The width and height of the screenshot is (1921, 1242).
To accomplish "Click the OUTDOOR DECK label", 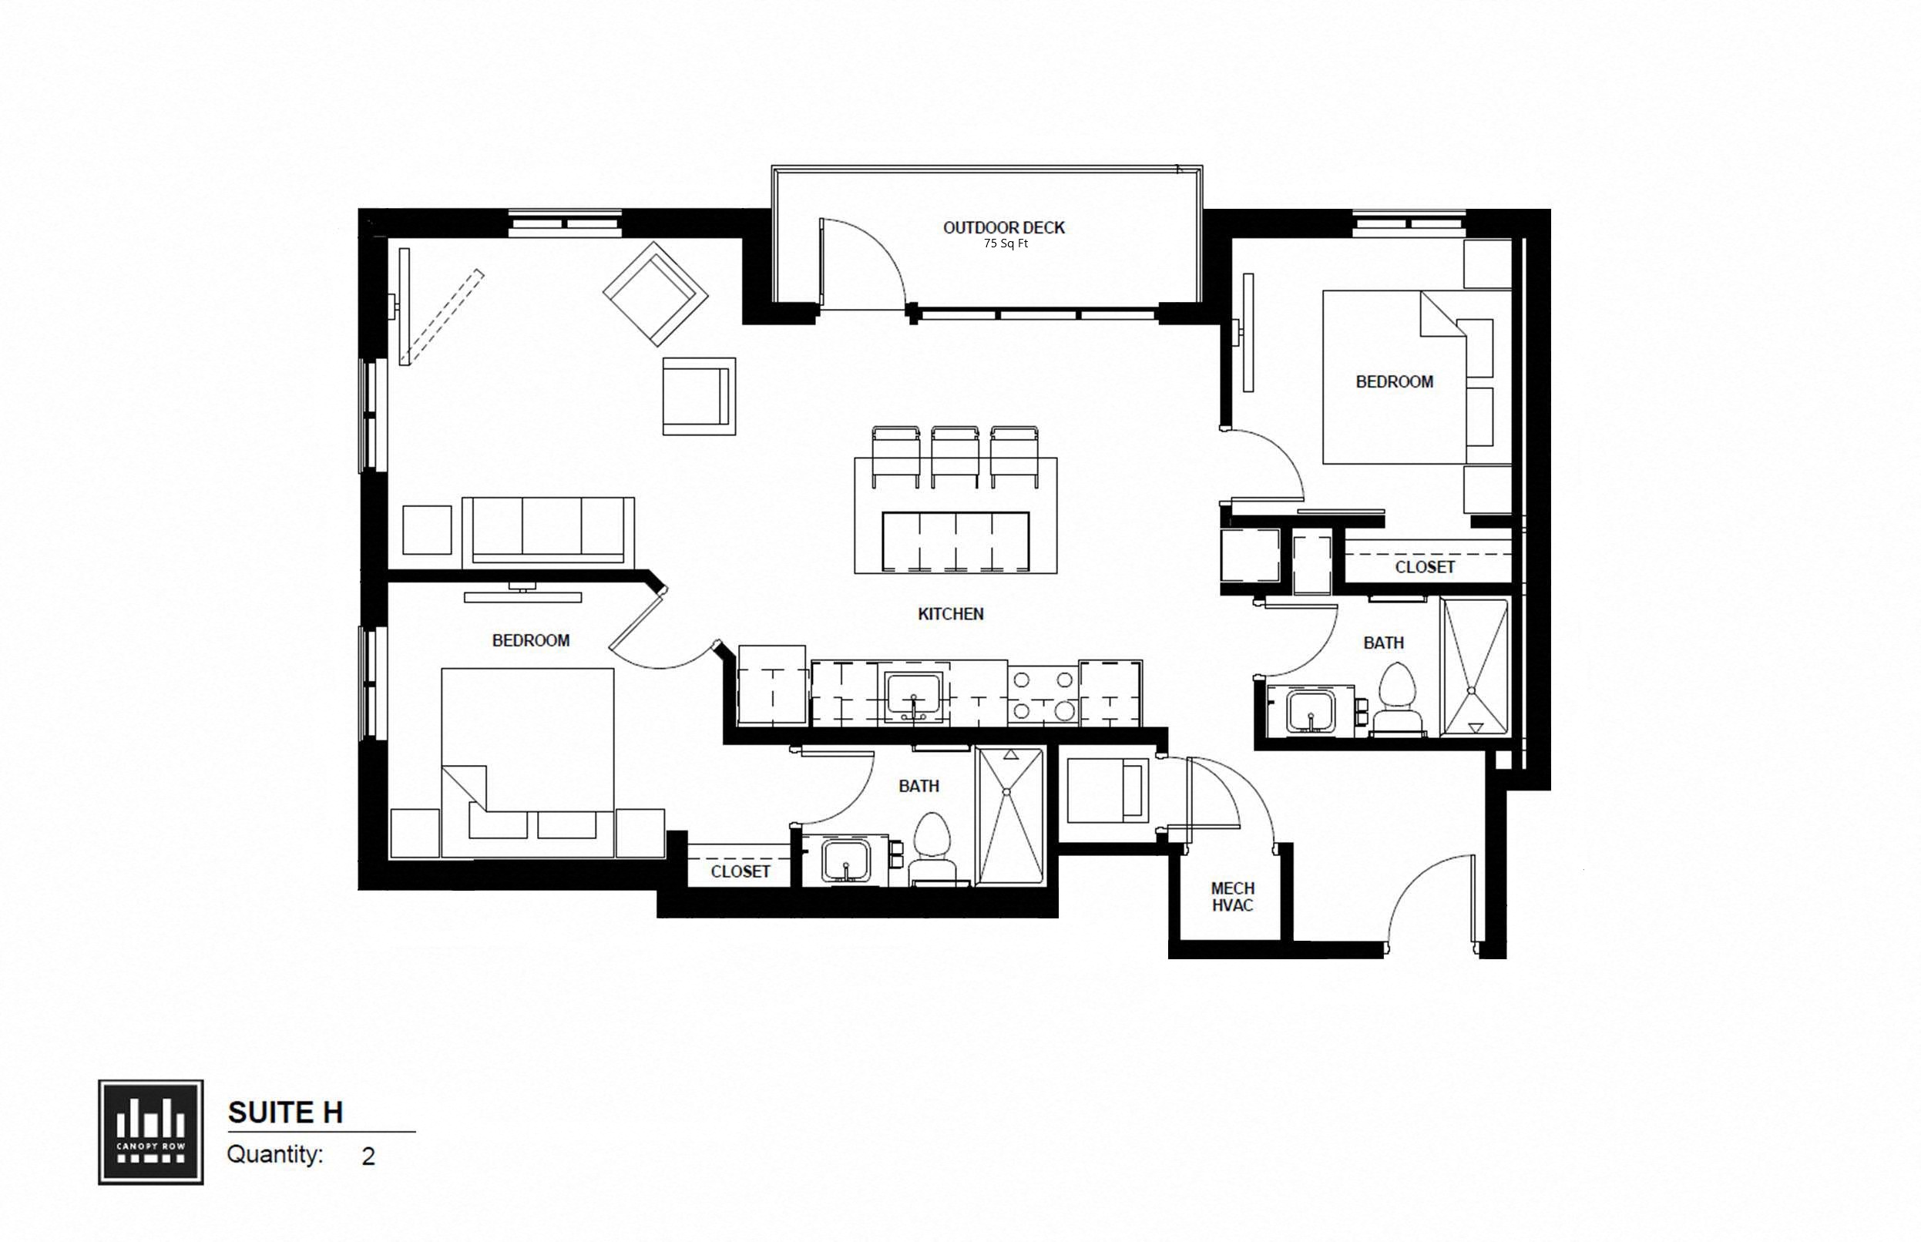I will (1003, 227).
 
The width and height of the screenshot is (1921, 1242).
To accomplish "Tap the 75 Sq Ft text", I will (1005, 243).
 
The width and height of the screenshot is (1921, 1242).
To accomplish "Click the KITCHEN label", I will (950, 614).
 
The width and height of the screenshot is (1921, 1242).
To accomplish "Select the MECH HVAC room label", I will (1231, 897).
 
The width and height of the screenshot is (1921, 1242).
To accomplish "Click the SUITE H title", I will (285, 1113).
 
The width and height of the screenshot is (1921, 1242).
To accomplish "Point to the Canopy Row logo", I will (151, 1133).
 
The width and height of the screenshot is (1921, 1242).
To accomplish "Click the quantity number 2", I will (368, 1156).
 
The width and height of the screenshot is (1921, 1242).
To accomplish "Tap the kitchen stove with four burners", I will (1043, 694).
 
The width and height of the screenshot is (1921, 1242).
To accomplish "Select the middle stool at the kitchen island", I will (955, 456).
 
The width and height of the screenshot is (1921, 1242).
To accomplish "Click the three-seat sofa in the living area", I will (548, 531).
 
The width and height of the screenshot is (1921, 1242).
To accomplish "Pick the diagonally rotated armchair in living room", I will (655, 294).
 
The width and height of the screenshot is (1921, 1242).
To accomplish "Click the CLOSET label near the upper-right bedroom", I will (1424, 567).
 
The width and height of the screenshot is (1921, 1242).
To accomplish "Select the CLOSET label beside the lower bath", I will (740, 871).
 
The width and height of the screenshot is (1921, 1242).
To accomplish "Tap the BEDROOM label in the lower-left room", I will (531, 640).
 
